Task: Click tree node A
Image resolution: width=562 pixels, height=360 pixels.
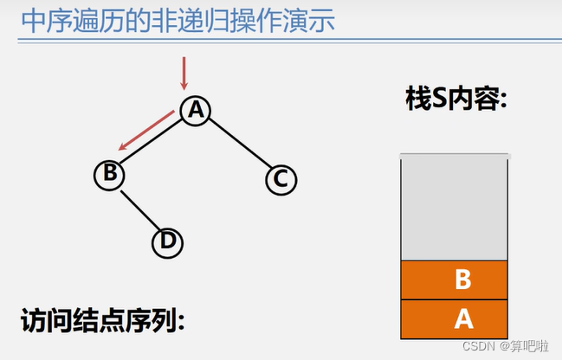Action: click(x=197, y=108)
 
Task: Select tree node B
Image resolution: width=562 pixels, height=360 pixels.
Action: click(x=109, y=174)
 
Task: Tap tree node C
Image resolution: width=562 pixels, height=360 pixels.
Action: click(x=281, y=179)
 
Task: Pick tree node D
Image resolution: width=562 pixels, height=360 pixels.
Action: click(x=168, y=242)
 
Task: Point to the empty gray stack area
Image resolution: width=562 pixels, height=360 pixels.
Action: click(x=454, y=208)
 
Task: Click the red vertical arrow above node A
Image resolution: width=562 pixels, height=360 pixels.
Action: click(x=184, y=73)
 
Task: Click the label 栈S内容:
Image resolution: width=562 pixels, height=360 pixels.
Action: click(x=455, y=99)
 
